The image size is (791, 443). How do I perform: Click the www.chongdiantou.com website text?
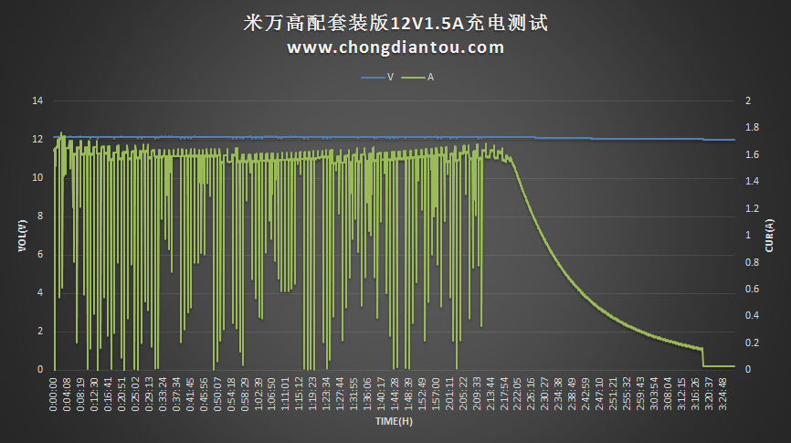click(x=395, y=47)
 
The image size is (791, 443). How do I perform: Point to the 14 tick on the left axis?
click(x=37, y=100)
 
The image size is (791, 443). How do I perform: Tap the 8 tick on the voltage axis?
click(x=40, y=216)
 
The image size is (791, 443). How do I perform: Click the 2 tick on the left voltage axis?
click(x=40, y=331)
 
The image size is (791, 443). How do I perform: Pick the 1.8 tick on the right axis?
click(x=752, y=127)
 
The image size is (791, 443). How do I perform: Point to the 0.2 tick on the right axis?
click(x=752, y=343)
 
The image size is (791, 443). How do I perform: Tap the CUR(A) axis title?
click(x=770, y=235)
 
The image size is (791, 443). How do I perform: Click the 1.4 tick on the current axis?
click(x=752, y=181)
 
